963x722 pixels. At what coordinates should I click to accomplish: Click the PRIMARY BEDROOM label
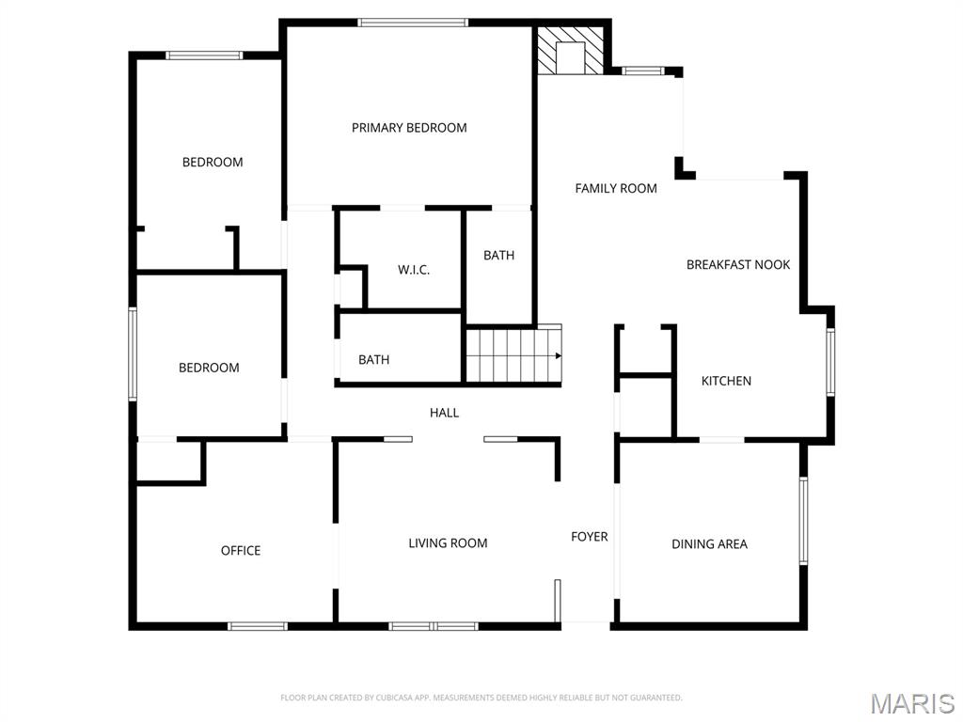409,128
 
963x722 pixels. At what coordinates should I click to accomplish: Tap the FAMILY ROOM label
616,188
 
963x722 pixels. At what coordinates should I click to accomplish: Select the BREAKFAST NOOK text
738,265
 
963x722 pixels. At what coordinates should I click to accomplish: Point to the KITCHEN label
726,381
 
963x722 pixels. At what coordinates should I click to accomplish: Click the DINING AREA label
709,543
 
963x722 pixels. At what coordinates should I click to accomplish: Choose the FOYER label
590,537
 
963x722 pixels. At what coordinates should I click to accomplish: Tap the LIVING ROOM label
448,542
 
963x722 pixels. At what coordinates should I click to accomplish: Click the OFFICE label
241,551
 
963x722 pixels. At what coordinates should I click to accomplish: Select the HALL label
445,412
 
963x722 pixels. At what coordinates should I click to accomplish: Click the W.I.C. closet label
414,270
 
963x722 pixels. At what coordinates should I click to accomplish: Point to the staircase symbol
513,354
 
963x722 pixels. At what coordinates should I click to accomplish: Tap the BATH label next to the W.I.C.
498,255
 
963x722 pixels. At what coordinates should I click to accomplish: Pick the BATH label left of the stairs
373,359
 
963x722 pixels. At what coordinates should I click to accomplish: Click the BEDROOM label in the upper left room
213,162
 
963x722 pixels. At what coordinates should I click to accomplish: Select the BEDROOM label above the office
209,368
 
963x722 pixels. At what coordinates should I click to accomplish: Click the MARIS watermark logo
912,702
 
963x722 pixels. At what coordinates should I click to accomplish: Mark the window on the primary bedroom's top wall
414,23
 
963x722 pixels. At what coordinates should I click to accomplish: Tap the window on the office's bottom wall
258,626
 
